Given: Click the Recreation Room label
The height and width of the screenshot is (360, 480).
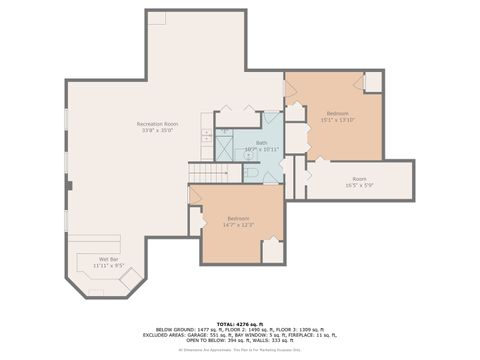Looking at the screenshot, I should point(156,124).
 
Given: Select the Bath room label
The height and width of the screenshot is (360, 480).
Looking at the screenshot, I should point(261,142).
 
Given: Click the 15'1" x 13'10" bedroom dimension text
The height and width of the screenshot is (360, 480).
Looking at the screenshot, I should point(337,119).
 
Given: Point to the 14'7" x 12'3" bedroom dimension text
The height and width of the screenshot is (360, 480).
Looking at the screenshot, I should point(238,224).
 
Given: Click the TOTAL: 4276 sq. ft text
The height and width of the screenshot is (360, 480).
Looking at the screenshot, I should point(239,323).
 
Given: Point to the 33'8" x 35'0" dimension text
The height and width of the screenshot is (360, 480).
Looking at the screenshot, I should point(156,130).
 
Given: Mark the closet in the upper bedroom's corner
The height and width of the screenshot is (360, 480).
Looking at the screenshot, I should point(373,82).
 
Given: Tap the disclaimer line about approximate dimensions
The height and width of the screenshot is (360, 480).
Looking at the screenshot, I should point(239,349).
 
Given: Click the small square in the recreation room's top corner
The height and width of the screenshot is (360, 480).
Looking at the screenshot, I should point(156,18).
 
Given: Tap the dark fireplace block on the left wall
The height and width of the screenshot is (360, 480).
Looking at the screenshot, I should point(68,185).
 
